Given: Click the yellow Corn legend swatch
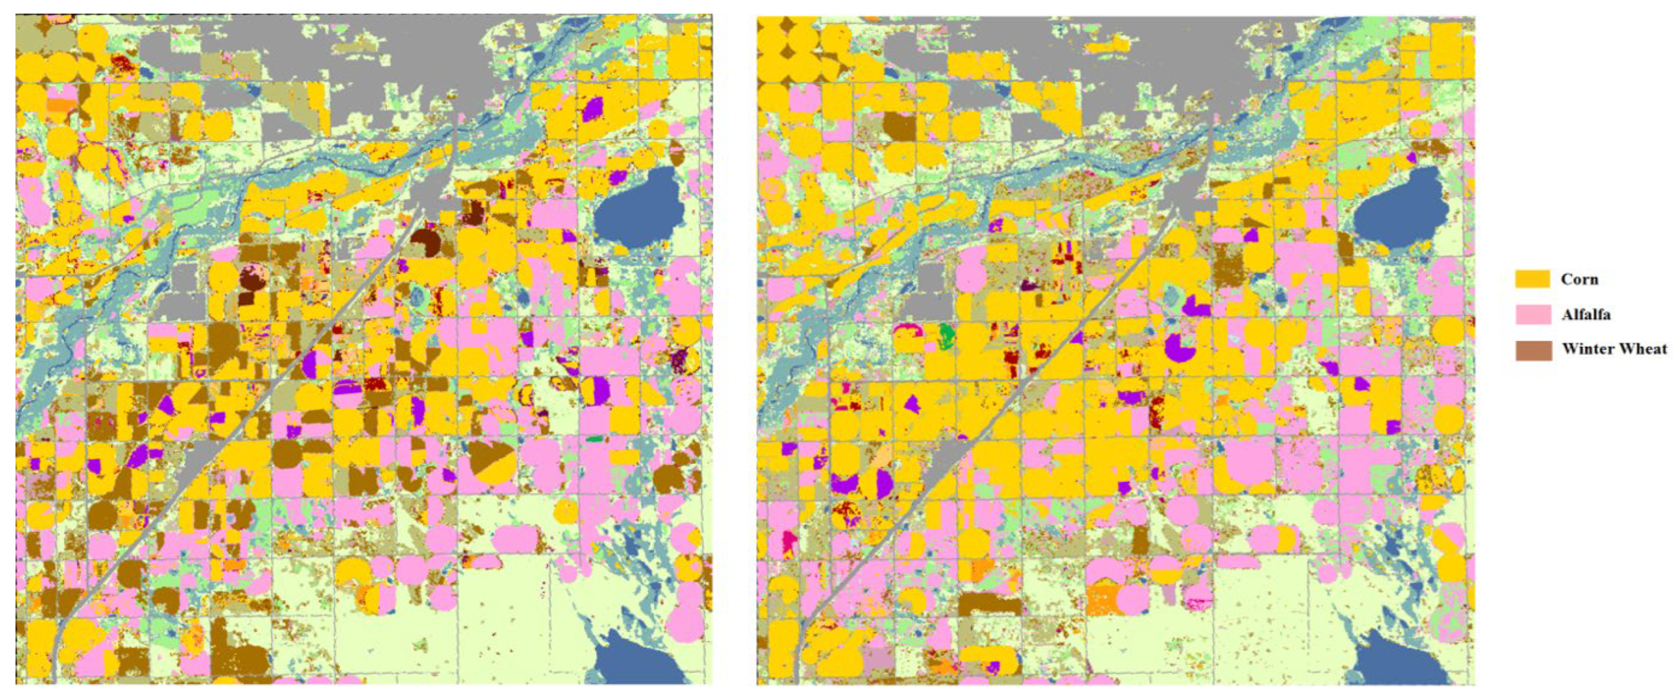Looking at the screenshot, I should click(x=1532, y=279).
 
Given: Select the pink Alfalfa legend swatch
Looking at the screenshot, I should click(x=1532, y=314).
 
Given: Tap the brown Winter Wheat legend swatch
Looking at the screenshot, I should click(x=1532, y=350).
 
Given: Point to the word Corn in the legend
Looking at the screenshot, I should click(x=1579, y=279).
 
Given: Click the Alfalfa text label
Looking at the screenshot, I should click(x=1586, y=314).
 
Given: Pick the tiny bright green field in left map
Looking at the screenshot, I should click(x=594, y=440).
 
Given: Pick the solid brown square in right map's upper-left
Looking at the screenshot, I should click(x=899, y=127).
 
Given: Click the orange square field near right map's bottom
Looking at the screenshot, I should click(x=1102, y=600).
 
